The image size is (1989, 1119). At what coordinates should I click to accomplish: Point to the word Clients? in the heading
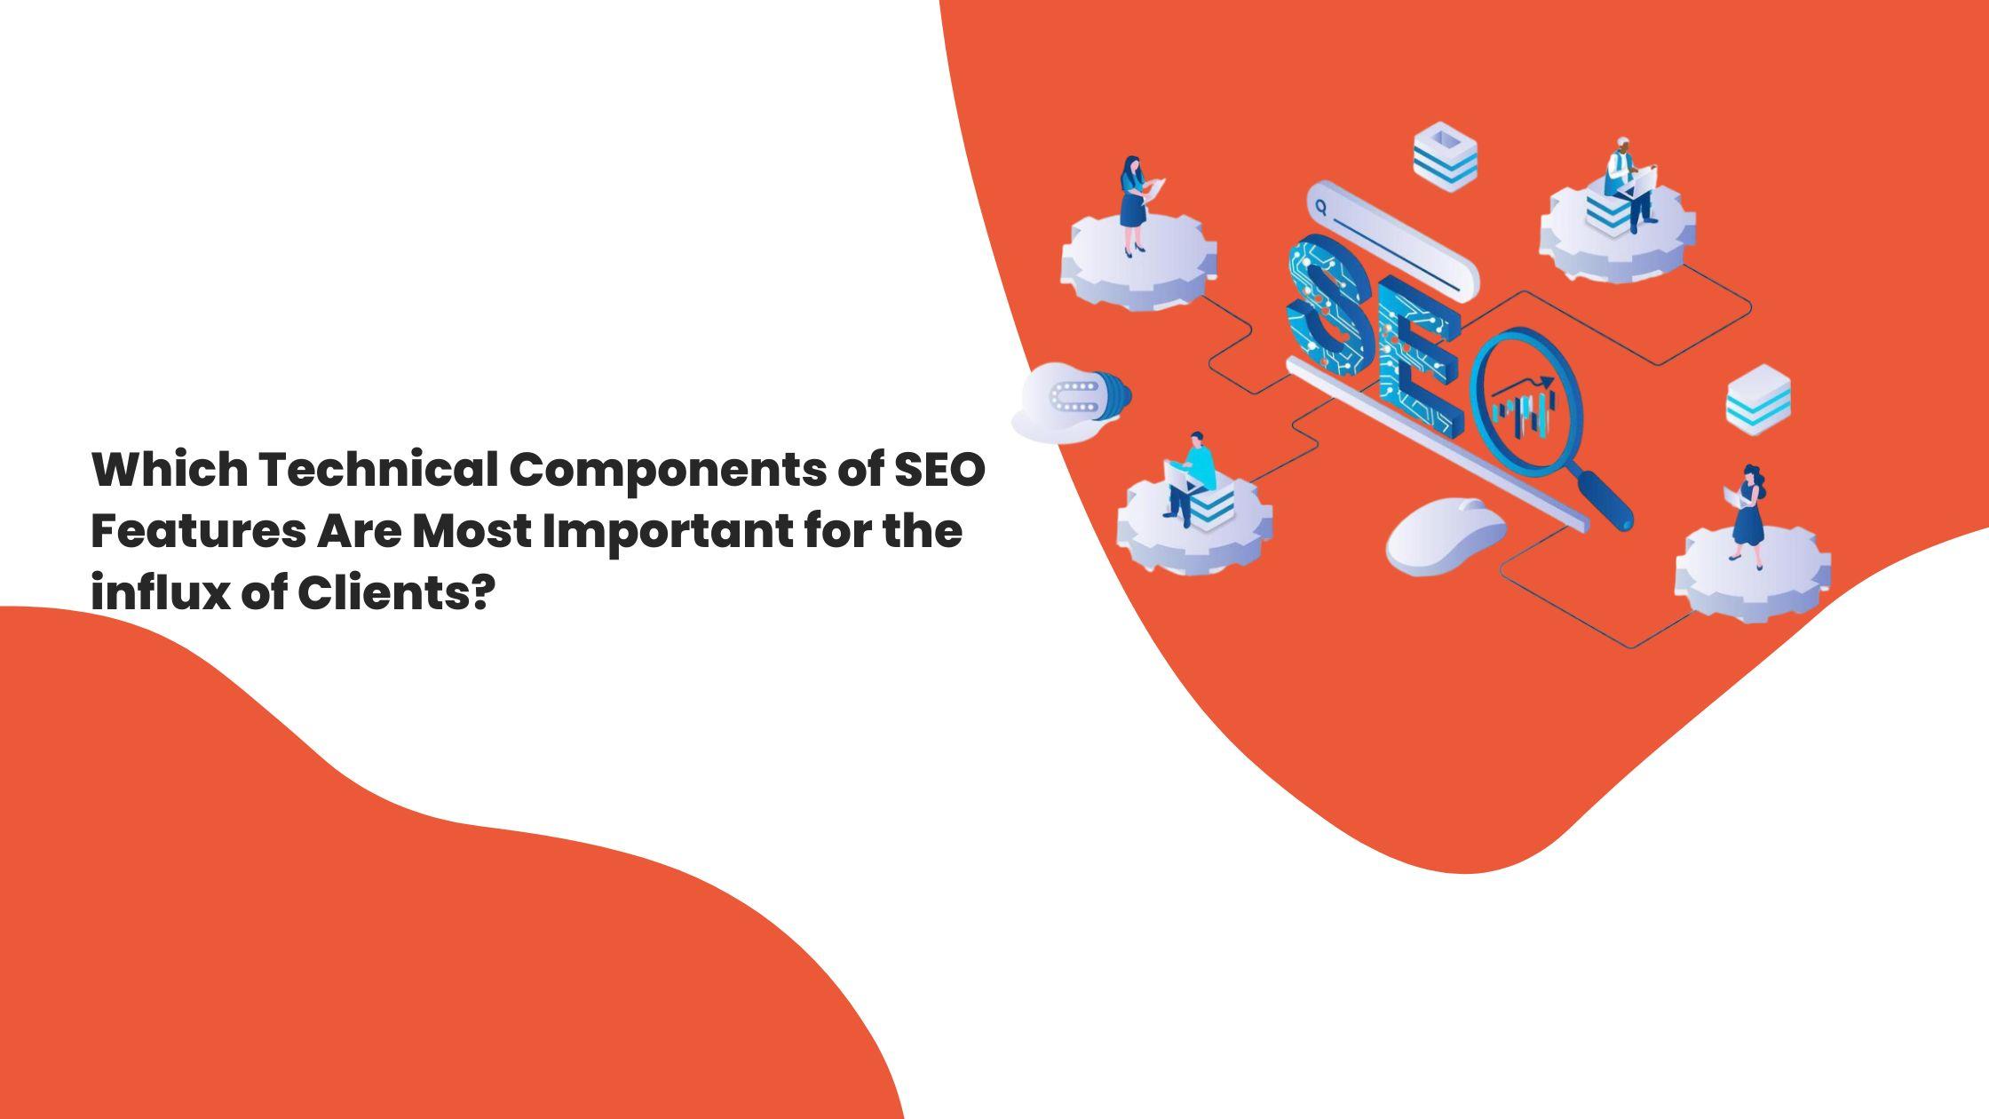click(394, 592)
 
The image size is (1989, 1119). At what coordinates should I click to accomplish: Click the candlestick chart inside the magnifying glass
click(1524, 410)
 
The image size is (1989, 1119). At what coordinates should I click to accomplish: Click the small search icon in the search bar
click(1321, 208)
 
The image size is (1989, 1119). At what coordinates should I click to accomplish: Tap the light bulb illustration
click(1073, 402)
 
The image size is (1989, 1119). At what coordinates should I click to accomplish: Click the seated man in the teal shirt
click(1193, 475)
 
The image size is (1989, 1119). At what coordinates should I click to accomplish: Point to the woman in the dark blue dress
click(1748, 515)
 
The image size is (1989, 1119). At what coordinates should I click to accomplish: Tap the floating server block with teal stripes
click(1758, 400)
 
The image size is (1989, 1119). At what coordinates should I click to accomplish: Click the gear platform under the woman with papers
click(1139, 266)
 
